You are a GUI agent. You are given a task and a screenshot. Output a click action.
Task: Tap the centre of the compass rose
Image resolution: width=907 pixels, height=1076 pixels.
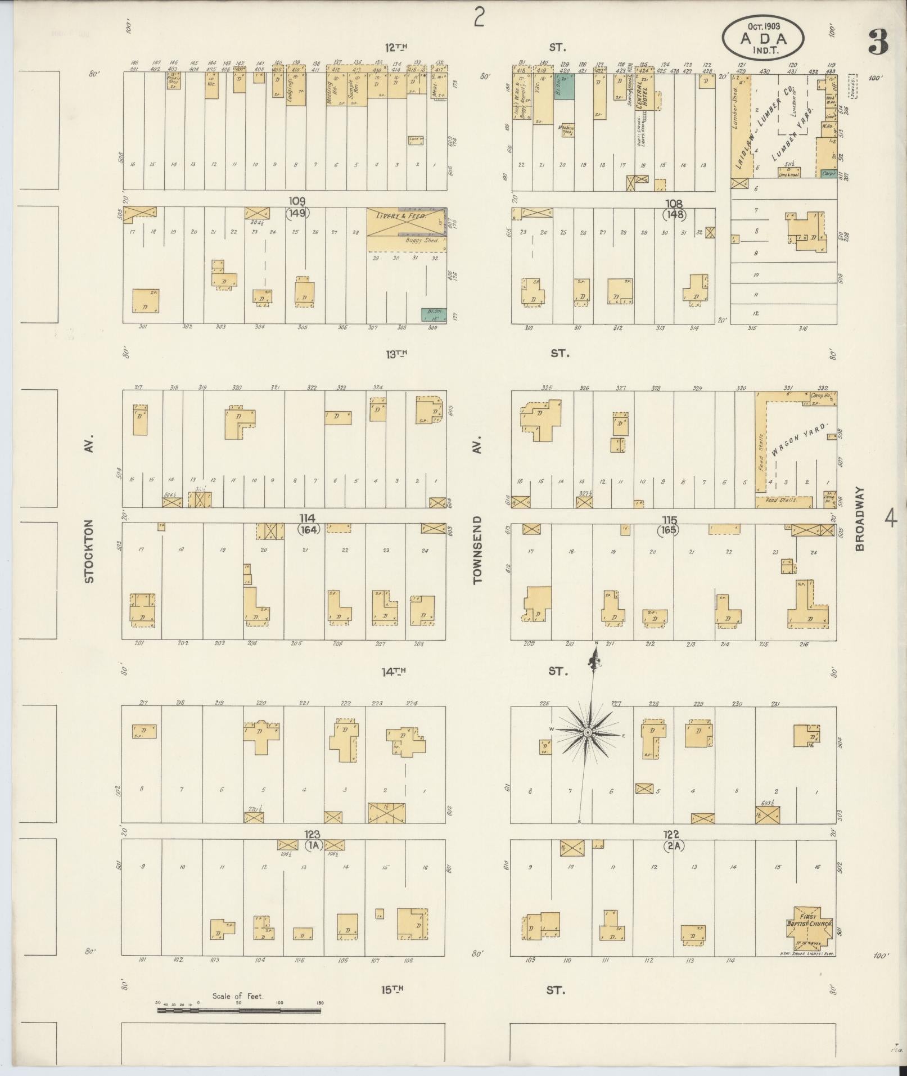point(588,732)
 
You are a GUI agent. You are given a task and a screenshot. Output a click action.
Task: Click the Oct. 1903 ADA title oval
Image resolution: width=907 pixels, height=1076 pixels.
point(763,38)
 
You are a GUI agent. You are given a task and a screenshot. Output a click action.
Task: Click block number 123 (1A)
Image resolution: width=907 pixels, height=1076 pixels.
point(312,840)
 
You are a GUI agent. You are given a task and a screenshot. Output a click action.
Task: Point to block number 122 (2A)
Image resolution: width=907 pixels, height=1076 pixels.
point(673,840)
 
